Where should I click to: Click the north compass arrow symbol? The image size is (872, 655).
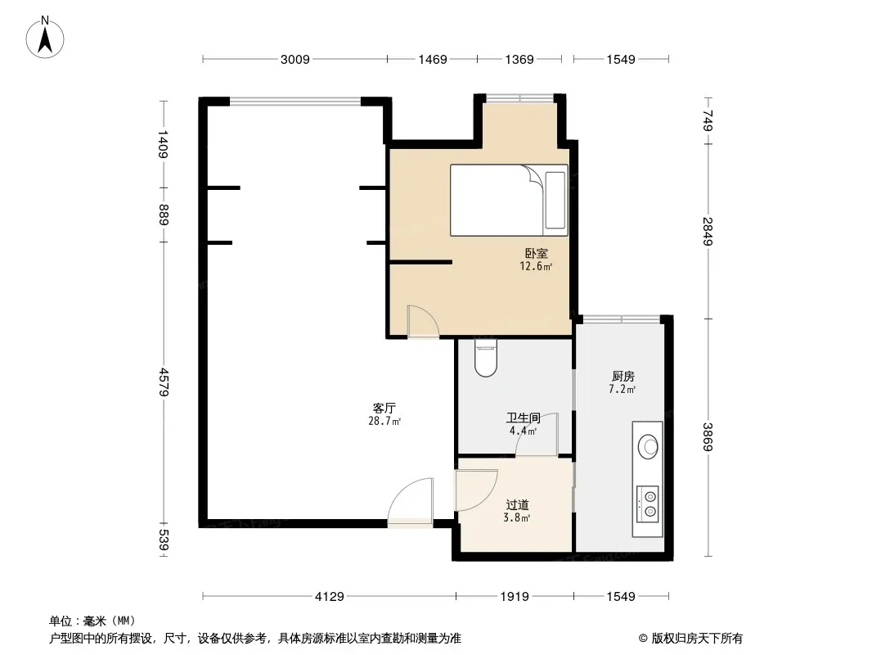pyautogui.click(x=45, y=38)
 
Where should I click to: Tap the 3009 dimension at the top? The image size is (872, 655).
pyautogui.click(x=294, y=60)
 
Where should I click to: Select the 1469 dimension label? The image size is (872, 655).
pyautogui.click(x=433, y=60)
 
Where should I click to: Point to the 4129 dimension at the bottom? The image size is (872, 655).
pyautogui.click(x=329, y=597)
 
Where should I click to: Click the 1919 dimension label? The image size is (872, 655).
pyautogui.click(x=515, y=597)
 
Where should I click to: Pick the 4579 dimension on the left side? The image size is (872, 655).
pyautogui.click(x=163, y=382)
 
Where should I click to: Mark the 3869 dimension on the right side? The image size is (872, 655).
pyautogui.click(x=708, y=437)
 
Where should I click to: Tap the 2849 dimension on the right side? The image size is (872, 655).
pyautogui.click(x=708, y=231)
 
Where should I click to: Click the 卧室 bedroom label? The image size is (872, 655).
pyautogui.click(x=536, y=253)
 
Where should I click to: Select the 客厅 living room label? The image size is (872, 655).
pyautogui.click(x=384, y=408)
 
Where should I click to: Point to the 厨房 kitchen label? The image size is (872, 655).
pyautogui.click(x=623, y=376)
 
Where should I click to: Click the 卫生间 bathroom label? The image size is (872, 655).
pyautogui.click(x=524, y=418)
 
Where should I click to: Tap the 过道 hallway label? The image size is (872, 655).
pyautogui.click(x=517, y=504)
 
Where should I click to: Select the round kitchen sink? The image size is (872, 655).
pyautogui.click(x=648, y=445)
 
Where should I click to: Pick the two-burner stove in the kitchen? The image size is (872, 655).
pyautogui.click(x=648, y=504)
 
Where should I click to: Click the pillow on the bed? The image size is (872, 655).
pyautogui.click(x=555, y=201)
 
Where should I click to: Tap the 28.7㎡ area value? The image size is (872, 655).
pyautogui.click(x=384, y=421)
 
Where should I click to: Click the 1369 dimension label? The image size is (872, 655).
pyautogui.click(x=519, y=60)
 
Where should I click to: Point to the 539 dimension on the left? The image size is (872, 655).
pyautogui.click(x=163, y=540)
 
